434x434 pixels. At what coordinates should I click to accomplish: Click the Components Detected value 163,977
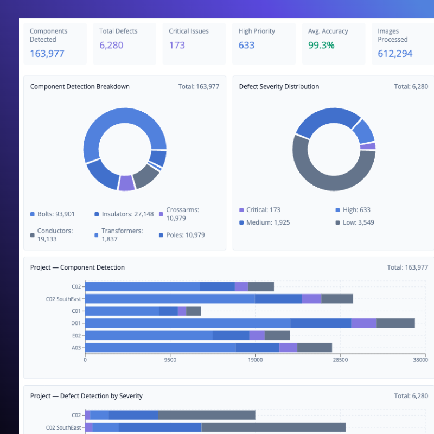(47, 53)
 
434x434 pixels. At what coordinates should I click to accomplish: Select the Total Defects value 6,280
(111, 45)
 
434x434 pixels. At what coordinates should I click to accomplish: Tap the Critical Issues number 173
(177, 45)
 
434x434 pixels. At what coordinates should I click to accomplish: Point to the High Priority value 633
(246, 45)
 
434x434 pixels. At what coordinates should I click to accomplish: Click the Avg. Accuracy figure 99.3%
(321, 45)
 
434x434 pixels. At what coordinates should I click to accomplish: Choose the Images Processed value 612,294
(395, 53)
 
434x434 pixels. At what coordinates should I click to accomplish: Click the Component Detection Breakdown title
(80, 86)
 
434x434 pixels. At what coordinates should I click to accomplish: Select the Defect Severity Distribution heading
(279, 86)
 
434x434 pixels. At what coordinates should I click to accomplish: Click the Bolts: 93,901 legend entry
(56, 214)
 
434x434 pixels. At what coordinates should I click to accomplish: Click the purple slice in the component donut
(126, 183)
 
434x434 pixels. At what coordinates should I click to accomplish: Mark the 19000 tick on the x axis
(256, 359)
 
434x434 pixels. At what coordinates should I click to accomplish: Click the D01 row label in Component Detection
(75, 323)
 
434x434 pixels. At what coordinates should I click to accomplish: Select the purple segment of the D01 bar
(364, 323)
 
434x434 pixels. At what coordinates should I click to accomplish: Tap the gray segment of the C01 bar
(194, 311)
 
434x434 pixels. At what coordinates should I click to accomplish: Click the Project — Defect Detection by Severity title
(86, 396)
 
